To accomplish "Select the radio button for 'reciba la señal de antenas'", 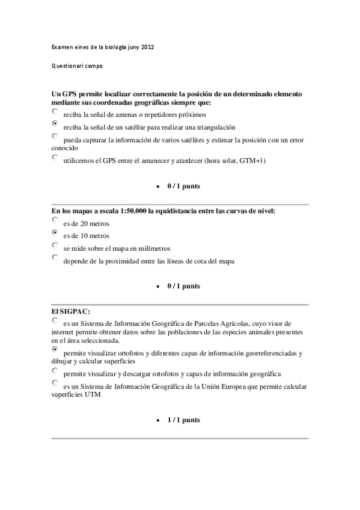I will pos(55,111).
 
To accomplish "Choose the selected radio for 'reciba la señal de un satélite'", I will pos(55,124).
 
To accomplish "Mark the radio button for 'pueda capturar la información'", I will pos(55,137).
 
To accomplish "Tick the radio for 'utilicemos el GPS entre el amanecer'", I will pos(55,158).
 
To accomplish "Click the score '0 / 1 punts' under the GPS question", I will pos(183,186).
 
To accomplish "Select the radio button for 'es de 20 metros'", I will pos(55,220).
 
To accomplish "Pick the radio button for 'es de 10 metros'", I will pos(55,233).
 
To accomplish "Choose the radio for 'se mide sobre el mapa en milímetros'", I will pos(55,245).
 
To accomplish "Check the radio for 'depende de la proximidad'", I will pos(55,258).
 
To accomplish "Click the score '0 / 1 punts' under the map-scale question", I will pos(183,286).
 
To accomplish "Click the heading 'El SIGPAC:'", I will pos(71,311).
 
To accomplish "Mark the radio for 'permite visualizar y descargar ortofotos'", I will pos(55,370).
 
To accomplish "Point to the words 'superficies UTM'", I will pos(75,396).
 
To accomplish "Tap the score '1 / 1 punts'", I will pos(183,420).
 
